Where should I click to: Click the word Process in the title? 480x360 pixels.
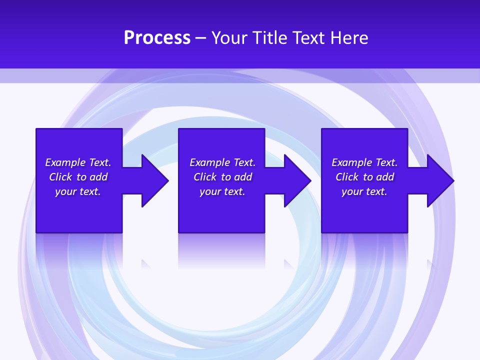click(x=157, y=38)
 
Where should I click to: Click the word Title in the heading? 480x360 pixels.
click(x=269, y=38)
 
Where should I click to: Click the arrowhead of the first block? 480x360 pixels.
click(x=154, y=180)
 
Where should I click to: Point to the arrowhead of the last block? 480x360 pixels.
click(x=440, y=180)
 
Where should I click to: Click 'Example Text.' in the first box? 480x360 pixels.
click(x=78, y=162)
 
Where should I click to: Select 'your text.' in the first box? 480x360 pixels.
click(x=78, y=191)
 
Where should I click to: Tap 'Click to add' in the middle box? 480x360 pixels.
click(x=222, y=177)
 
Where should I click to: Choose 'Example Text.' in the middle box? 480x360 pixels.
click(x=222, y=162)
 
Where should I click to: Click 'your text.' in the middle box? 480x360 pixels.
click(x=222, y=191)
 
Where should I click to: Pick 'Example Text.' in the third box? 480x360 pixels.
click(x=364, y=162)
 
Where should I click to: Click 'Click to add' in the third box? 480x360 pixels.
click(x=364, y=177)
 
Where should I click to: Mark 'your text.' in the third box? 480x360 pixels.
click(x=364, y=191)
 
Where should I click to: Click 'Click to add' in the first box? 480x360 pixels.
click(x=78, y=177)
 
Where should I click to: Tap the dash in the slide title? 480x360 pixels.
click(x=200, y=38)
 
